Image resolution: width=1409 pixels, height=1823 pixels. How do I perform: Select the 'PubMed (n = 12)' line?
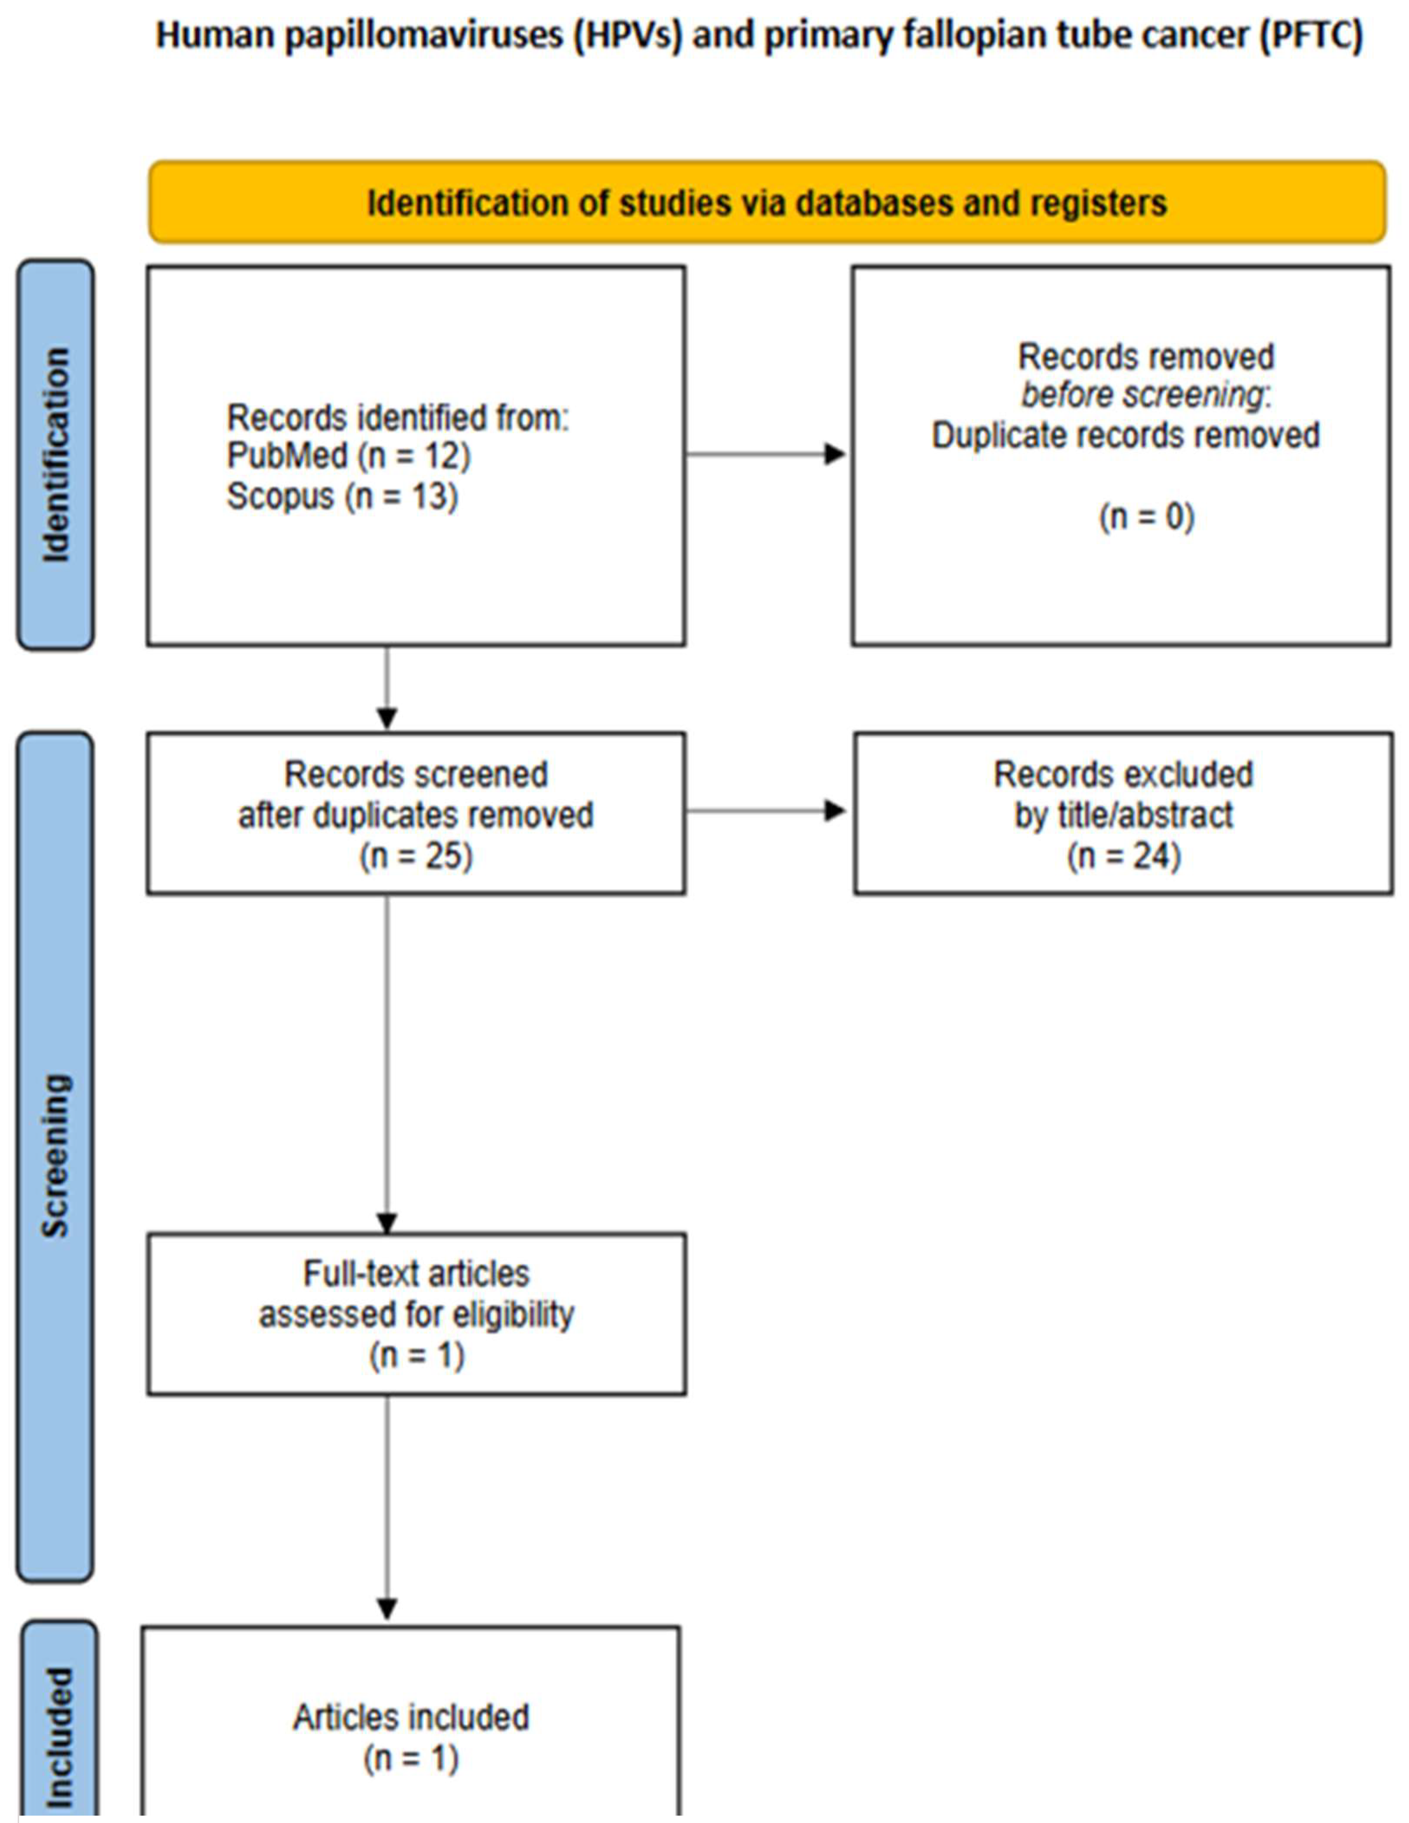coord(348,456)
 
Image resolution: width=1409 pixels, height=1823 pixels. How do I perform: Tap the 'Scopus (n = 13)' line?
coord(342,497)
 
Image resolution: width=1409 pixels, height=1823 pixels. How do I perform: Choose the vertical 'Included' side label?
coord(59,1736)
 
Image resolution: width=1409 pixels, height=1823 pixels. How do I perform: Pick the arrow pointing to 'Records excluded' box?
coord(833,811)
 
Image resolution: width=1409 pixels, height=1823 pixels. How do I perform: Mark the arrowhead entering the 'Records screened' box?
coord(387,718)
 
